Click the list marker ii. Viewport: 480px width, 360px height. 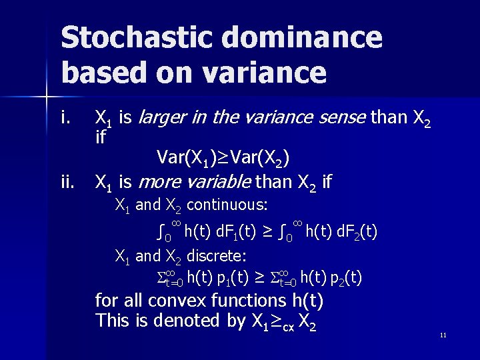click(67, 181)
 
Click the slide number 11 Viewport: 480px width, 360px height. click(443, 335)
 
